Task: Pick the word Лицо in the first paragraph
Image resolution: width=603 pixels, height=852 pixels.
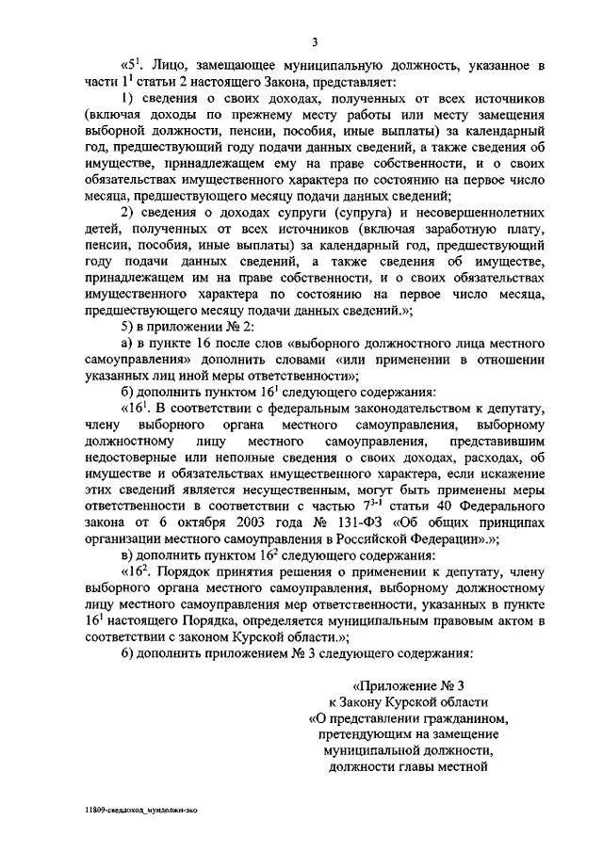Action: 175,66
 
